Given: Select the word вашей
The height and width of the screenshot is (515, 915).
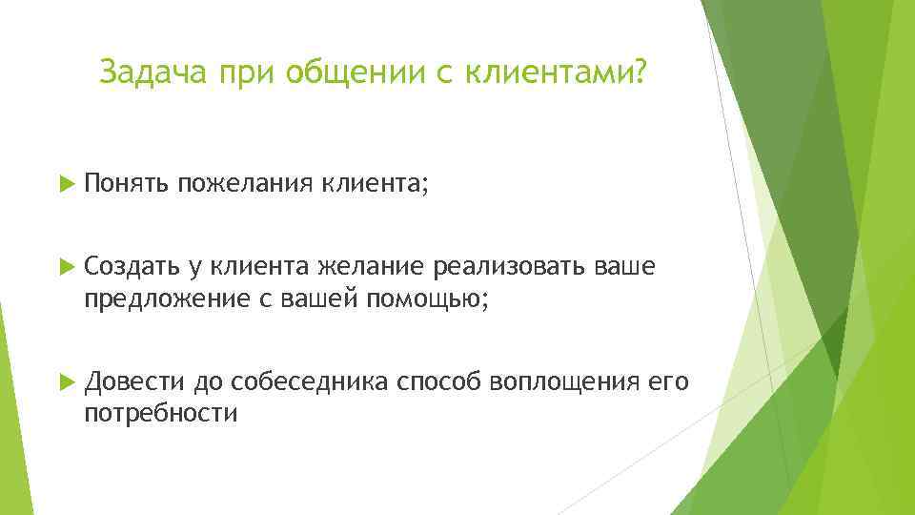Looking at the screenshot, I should tap(314, 299).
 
